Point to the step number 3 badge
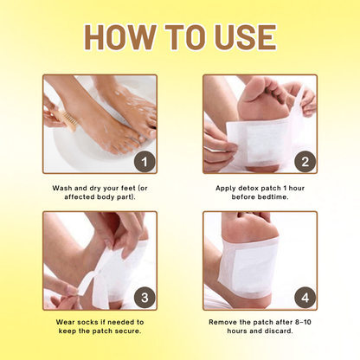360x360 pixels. (x=145, y=297)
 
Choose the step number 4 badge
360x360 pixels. (x=304, y=297)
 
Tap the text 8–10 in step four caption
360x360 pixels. (x=304, y=323)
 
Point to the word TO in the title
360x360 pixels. (x=181, y=38)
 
